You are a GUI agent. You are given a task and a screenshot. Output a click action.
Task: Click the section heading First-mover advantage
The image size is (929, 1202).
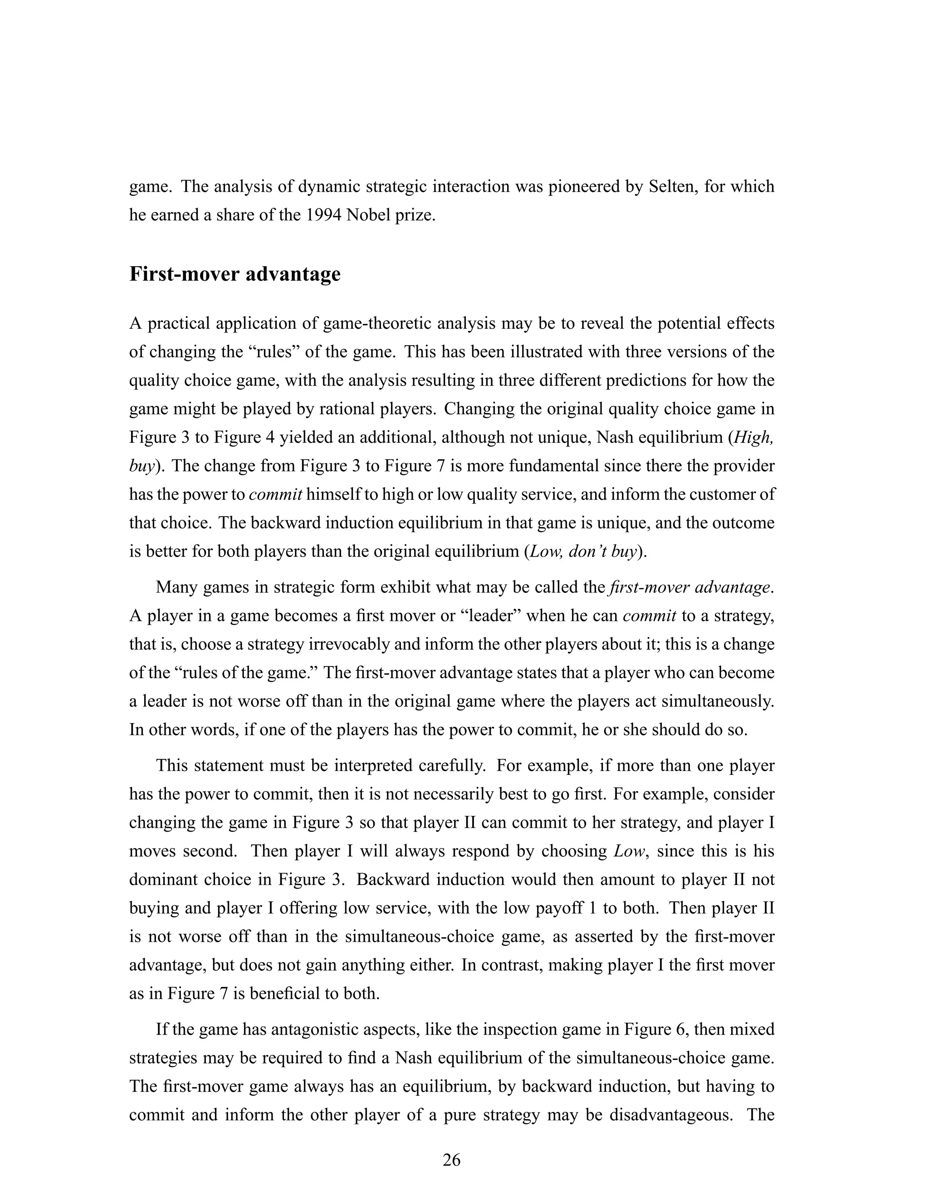click(x=235, y=274)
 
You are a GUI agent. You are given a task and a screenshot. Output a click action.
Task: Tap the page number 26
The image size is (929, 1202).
click(x=451, y=1160)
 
